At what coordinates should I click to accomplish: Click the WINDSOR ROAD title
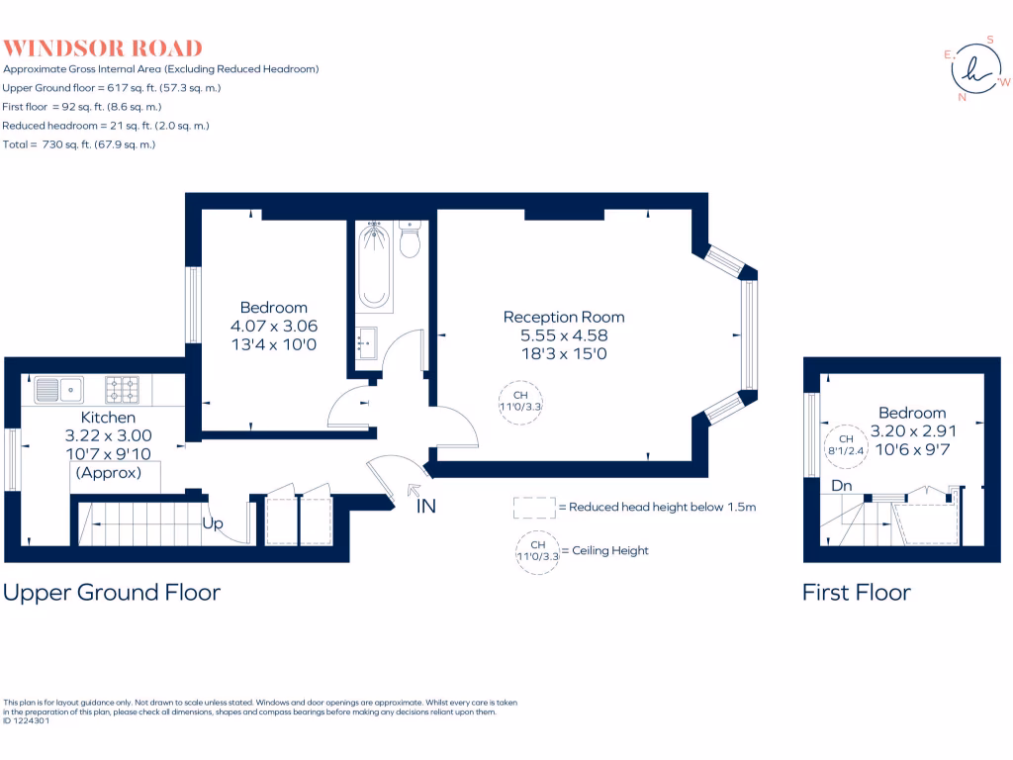pos(103,47)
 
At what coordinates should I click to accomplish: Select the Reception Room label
pos(564,317)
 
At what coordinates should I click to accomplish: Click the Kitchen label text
pos(109,418)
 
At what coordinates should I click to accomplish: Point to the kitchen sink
pos(60,390)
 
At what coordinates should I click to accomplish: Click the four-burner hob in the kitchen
pos(123,390)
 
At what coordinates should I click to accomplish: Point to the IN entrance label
pos(426,507)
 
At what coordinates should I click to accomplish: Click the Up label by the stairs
pos(213,523)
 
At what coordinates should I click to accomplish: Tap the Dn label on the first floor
pos(842,486)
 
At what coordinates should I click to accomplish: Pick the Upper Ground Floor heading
pos(112,592)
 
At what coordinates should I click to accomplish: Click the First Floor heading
pos(856,592)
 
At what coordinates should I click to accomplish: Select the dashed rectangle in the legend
pos(534,508)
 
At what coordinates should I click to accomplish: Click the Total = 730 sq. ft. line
pos(79,144)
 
